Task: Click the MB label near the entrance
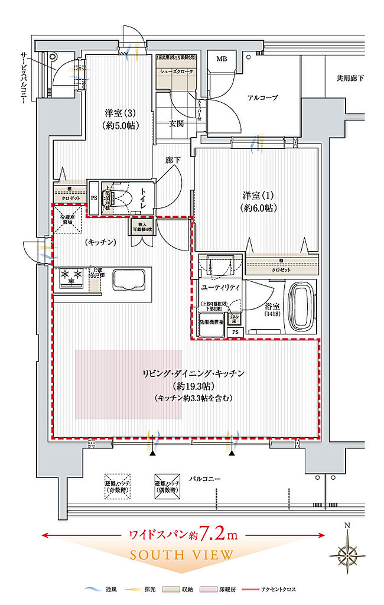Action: (222, 59)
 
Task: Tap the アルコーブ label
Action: (262, 97)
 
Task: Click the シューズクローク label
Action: (175, 71)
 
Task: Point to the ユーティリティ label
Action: (220, 287)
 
